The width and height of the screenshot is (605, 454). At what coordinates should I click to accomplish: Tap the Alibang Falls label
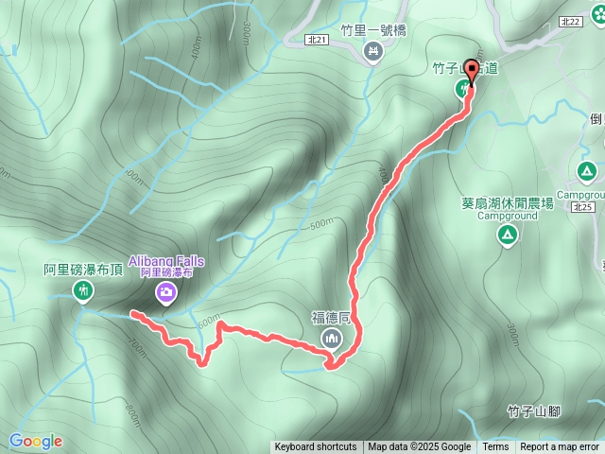pyautogui.click(x=165, y=260)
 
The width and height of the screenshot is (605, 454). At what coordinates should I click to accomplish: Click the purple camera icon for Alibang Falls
pyautogui.click(x=165, y=292)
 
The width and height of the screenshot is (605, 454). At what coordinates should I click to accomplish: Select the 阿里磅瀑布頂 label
pyautogui.click(x=83, y=270)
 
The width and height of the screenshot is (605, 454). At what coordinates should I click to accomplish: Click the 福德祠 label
pyautogui.click(x=331, y=318)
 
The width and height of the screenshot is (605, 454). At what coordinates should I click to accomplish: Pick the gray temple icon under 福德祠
pyautogui.click(x=331, y=339)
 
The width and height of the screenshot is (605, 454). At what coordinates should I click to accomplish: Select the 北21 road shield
pyautogui.click(x=318, y=40)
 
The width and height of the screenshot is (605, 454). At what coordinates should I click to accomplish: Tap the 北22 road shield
pyautogui.click(x=595, y=21)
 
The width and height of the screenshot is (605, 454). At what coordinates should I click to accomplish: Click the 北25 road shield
pyautogui.click(x=582, y=207)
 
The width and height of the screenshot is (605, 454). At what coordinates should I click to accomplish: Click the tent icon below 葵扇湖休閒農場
pyautogui.click(x=508, y=236)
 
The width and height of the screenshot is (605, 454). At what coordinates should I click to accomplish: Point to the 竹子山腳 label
pyautogui.click(x=534, y=410)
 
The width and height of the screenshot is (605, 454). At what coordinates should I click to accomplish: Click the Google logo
pyautogui.click(x=35, y=441)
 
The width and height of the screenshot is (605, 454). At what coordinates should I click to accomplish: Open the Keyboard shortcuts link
pyautogui.click(x=316, y=447)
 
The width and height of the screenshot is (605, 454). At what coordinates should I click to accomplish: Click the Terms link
pyautogui.click(x=495, y=447)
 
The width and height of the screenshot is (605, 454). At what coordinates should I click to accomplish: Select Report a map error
pyautogui.click(x=560, y=447)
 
